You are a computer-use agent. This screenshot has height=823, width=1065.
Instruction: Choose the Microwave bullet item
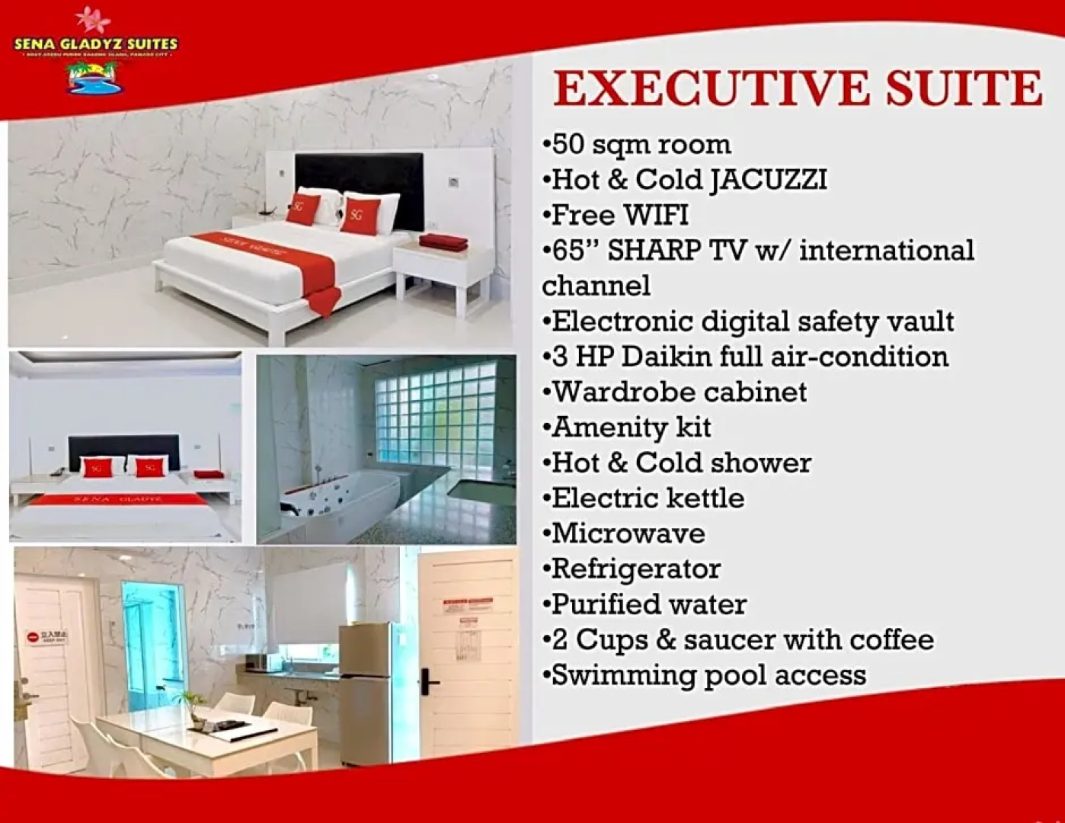pyautogui.click(x=625, y=533)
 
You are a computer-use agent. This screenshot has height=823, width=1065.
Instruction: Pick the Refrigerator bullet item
pyautogui.click(x=632, y=568)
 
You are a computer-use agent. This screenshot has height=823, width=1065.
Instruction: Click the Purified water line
pyautogui.click(x=644, y=604)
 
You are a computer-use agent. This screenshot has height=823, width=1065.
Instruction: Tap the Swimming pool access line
pyautogui.click(x=705, y=675)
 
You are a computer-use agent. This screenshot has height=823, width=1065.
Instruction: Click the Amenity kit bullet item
pyautogui.click(x=628, y=428)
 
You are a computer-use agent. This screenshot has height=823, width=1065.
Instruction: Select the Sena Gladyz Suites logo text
pyautogui.click(x=95, y=43)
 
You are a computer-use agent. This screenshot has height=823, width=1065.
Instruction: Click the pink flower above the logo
pyautogui.click(x=92, y=18)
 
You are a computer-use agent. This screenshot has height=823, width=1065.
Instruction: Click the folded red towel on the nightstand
pyautogui.click(x=443, y=242)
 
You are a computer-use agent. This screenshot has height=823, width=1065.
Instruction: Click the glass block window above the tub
pyautogui.click(x=435, y=415)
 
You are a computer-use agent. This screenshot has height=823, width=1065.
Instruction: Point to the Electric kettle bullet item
pyautogui.click(x=644, y=498)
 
